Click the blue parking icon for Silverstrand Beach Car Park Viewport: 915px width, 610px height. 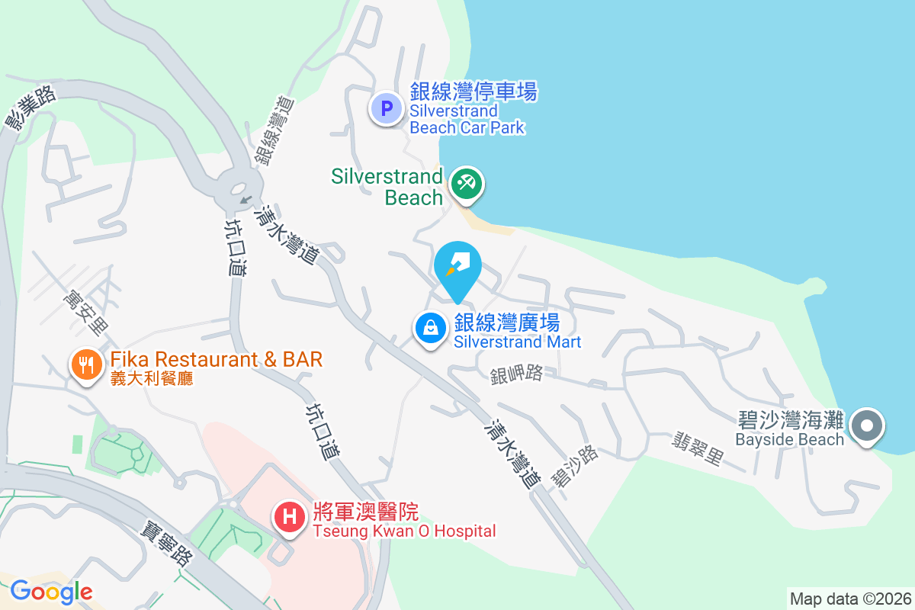coord(386,108)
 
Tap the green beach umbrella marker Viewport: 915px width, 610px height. coord(466,184)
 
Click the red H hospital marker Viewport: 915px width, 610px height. coord(290,517)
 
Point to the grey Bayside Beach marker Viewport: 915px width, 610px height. coord(867,425)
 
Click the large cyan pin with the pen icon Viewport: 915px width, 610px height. coord(457,268)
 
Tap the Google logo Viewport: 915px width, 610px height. coord(51,591)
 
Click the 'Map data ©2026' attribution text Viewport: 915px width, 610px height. coord(850,599)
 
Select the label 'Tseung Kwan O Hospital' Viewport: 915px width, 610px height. coord(404,531)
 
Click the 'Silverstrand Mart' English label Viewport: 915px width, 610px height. coord(517,342)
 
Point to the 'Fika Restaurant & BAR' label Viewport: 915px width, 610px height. coord(216,359)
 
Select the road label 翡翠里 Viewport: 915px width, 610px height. coord(696,449)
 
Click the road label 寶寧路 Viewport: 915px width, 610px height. coord(166,542)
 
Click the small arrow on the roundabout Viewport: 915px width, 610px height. coord(245,200)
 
